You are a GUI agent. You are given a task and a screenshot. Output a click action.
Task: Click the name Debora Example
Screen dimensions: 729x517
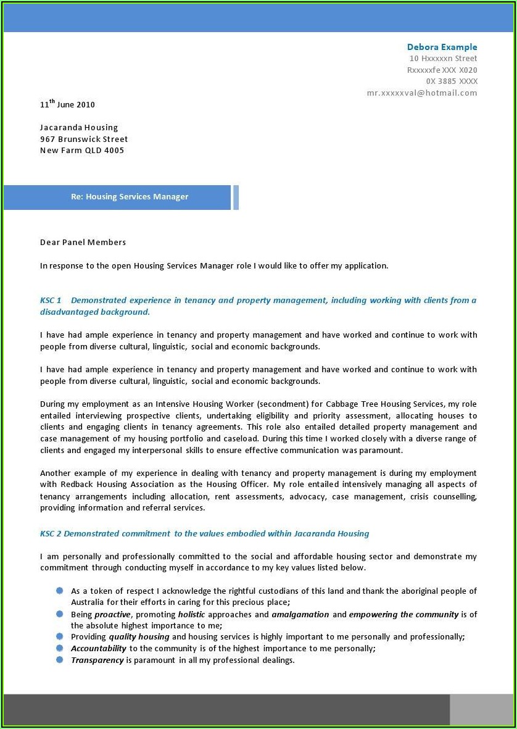point(442,47)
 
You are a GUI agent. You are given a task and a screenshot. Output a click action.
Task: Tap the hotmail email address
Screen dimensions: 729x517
point(422,93)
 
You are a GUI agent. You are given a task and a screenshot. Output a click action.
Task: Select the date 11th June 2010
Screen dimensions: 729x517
point(67,104)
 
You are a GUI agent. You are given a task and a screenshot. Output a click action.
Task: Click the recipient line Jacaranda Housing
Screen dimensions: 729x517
point(79,128)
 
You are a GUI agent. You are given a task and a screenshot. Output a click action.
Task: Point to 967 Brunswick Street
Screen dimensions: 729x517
point(84,139)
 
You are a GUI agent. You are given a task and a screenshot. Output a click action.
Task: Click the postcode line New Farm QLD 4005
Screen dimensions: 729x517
point(82,151)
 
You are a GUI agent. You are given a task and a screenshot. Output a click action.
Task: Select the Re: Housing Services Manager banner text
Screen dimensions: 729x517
point(130,197)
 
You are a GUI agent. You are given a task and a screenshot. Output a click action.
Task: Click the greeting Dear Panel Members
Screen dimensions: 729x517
point(83,243)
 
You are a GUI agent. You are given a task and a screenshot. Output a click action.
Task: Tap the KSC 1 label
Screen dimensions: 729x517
point(51,301)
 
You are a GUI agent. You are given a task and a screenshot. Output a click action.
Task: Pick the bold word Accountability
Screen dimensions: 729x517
point(99,648)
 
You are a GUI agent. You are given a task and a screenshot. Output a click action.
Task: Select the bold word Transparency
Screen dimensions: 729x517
point(97,660)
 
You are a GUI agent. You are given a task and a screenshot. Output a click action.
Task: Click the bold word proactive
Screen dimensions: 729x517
point(112,614)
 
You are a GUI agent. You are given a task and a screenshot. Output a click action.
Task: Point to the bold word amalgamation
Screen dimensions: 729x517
point(300,614)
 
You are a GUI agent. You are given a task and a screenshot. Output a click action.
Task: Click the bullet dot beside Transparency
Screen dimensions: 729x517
point(60,659)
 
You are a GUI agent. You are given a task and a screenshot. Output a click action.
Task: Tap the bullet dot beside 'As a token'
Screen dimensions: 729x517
point(60,591)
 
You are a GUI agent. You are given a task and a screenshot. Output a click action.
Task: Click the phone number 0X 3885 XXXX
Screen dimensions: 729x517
point(452,81)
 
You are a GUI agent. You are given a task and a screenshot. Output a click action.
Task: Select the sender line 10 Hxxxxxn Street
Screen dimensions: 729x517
point(443,59)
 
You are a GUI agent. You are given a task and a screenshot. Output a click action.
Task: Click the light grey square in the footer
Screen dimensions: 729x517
point(481,709)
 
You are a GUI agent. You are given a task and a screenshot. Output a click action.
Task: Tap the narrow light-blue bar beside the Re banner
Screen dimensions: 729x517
point(236,197)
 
